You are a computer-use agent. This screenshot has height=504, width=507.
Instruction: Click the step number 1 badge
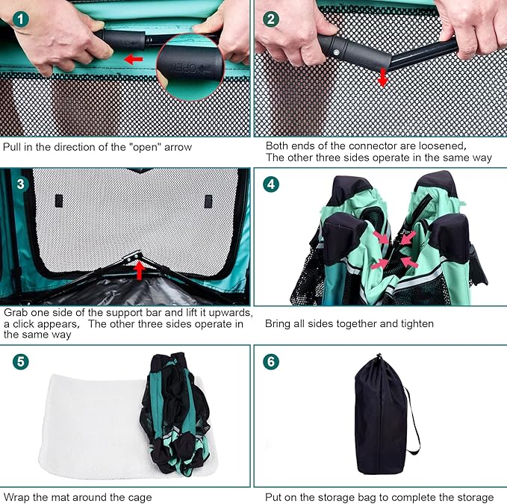(x=20, y=19)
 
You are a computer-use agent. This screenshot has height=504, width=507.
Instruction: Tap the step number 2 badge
(x=271, y=19)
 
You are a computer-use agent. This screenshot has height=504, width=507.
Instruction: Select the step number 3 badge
(x=20, y=184)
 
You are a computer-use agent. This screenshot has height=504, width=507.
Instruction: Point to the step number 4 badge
(x=271, y=184)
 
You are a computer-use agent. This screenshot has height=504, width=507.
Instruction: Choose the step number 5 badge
(x=20, y=361)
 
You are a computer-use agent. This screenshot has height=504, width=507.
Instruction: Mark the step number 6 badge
(x=271, y=361)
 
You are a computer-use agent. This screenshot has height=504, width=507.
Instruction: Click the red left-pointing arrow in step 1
(x=134, y=59)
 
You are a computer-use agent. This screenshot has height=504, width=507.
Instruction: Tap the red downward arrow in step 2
(x=383, y=78)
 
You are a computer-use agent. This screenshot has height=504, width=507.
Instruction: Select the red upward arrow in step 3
(x=140, y=270)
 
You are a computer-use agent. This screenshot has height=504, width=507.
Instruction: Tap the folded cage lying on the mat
(x=175, y=413)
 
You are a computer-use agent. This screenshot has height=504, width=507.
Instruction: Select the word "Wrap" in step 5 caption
(x=17, y=497)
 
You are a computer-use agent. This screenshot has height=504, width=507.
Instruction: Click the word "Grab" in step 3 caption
(x=15, y=313)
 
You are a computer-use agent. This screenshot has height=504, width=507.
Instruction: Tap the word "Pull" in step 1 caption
(x=12, y=147)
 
